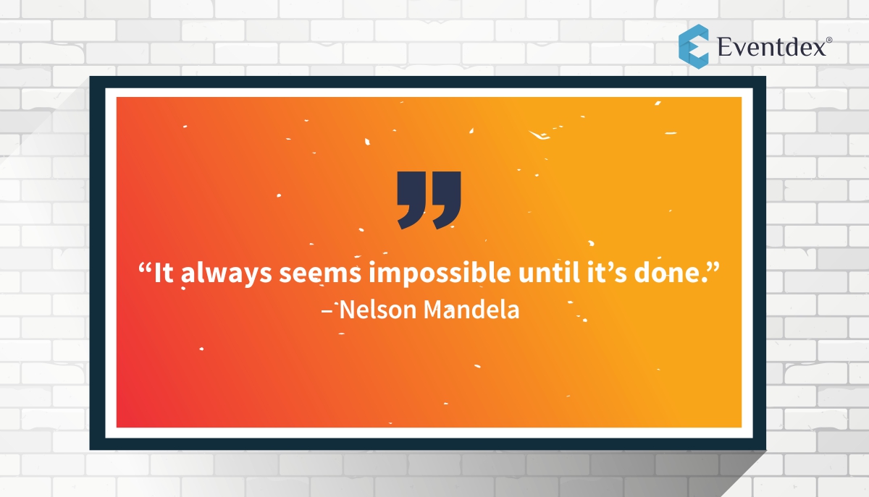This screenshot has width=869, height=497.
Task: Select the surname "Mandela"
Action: [x=471, y=310]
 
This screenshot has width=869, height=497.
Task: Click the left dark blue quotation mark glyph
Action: [x=413, y=200]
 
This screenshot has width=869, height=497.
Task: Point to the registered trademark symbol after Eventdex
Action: [x=828, y=41]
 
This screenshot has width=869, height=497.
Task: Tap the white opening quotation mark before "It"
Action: [x=145, y=268]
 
